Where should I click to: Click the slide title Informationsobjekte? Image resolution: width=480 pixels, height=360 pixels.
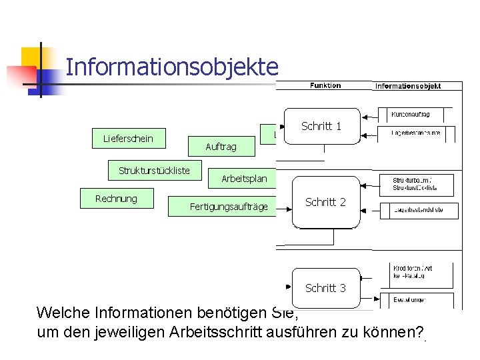click(171, 67)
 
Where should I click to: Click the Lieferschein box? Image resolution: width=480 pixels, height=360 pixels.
click(128, 139)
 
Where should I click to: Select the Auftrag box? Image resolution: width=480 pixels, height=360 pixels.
click(221, 146)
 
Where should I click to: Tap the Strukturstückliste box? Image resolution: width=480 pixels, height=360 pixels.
click(154, 171)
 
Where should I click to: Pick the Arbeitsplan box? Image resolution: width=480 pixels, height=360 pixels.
click(244, 178)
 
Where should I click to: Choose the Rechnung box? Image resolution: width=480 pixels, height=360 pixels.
click(116, 199)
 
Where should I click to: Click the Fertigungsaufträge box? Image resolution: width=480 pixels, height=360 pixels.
click(228, 207)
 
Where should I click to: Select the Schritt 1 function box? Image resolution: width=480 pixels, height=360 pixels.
click(321, 126)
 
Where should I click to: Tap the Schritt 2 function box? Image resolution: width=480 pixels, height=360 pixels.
click(325, 202)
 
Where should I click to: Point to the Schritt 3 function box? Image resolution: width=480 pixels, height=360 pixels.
click(325, 288)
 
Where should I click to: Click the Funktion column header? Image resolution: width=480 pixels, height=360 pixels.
click(325, 85)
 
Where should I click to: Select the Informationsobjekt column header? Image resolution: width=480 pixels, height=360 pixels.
click(417, 86)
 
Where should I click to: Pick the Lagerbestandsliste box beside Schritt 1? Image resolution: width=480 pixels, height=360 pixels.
click(415, 133)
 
